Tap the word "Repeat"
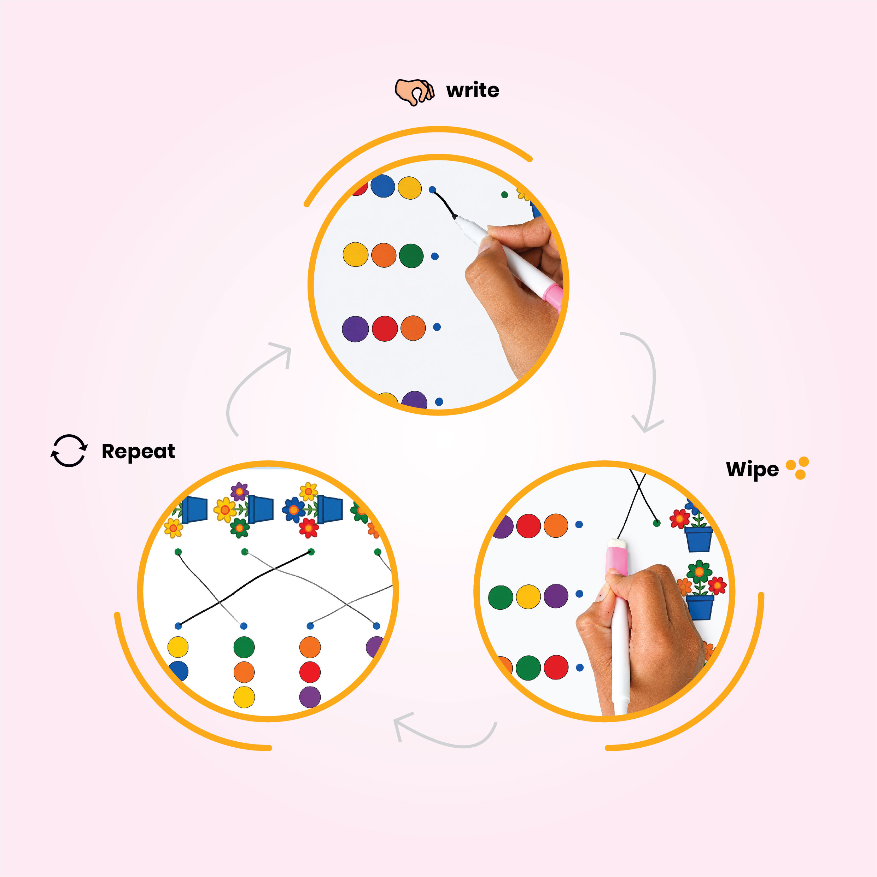[x=138, y=452]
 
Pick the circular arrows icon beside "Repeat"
[x=69, y=451]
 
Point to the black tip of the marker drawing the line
[x=455, y=217]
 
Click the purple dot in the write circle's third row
[x=355, y=329]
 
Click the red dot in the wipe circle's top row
[x=528, y=526]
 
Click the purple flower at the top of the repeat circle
[x=239, y=491]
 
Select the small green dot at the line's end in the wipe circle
[x=656, y=523]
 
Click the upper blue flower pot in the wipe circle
[x=698, y=539]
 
